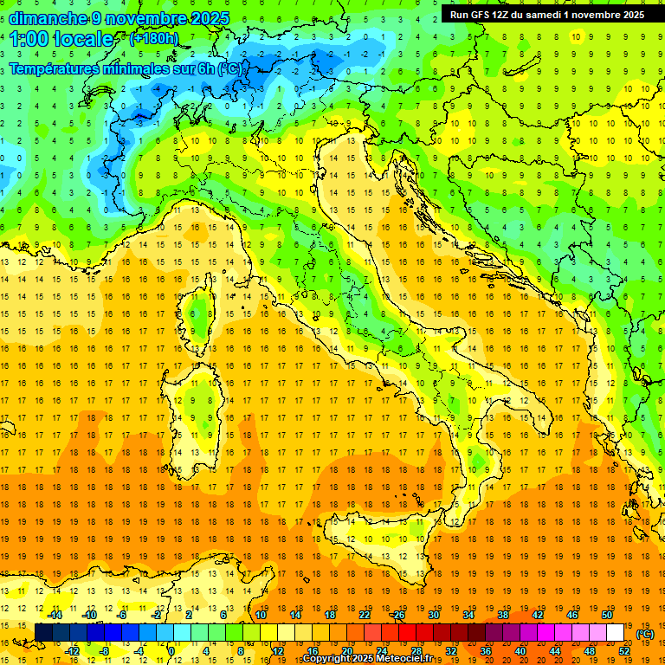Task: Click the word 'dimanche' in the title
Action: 48,18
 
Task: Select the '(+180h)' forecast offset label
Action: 154,38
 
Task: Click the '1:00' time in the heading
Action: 29,39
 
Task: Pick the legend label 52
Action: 624,651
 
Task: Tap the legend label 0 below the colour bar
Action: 171,651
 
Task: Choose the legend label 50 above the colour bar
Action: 606,615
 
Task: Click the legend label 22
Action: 364,615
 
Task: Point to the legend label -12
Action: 73,651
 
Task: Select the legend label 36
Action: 485,651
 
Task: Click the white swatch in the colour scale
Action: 616,633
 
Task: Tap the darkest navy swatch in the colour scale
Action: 43,633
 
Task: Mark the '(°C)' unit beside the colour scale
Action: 645,634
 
